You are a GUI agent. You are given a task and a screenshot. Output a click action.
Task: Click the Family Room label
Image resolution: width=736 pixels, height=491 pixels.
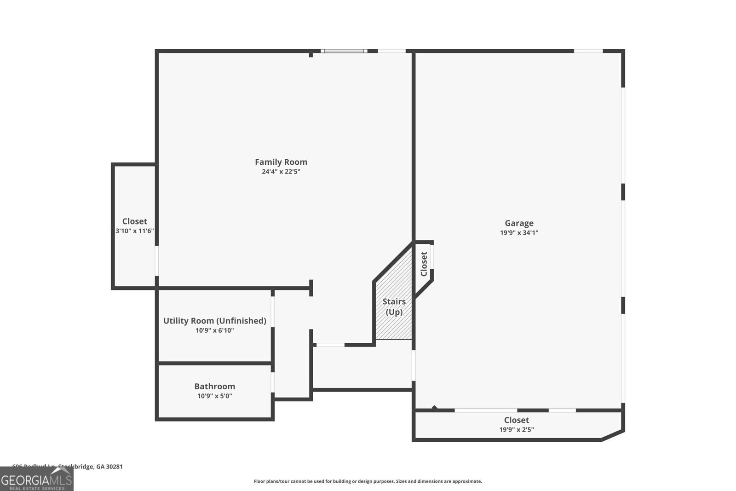[281, 162]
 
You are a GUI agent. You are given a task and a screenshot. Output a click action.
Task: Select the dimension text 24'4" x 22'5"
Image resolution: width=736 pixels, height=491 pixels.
[281, 172]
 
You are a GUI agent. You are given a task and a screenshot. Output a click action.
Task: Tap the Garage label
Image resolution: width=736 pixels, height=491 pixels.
[519, 223]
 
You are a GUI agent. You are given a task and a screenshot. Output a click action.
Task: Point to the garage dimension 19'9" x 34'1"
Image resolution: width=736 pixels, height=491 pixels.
[519, 233]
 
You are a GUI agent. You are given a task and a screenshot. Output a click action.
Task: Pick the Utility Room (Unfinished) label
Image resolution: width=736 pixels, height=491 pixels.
[214, 321]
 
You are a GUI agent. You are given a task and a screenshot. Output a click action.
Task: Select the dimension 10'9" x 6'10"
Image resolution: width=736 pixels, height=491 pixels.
[214, 330]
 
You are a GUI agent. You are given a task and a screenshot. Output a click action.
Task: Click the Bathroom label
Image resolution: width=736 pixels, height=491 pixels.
[214, 387]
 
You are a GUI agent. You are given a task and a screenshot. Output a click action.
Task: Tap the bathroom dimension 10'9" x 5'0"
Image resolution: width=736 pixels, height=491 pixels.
[214, 396]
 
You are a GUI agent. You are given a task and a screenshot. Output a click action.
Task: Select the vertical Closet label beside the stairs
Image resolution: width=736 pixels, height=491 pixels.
[424, 264]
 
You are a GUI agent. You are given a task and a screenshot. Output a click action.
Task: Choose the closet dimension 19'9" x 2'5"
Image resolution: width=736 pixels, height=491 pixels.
[516, 430]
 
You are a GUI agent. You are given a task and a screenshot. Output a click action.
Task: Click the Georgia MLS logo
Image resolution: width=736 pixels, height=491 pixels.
[36, 479]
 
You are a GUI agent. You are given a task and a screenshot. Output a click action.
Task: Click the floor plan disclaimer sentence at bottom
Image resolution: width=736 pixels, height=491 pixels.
[368, 481]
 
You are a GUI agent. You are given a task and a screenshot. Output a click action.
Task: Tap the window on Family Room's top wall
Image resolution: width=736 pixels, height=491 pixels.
[344, 51]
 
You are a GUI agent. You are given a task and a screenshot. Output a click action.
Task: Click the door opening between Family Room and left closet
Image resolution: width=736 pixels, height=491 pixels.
[156, 260]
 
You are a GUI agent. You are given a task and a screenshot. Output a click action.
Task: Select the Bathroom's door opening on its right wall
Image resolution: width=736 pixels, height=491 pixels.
[273, 382]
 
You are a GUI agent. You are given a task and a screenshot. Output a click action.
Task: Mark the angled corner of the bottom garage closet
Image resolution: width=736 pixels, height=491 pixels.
[613, 436]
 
